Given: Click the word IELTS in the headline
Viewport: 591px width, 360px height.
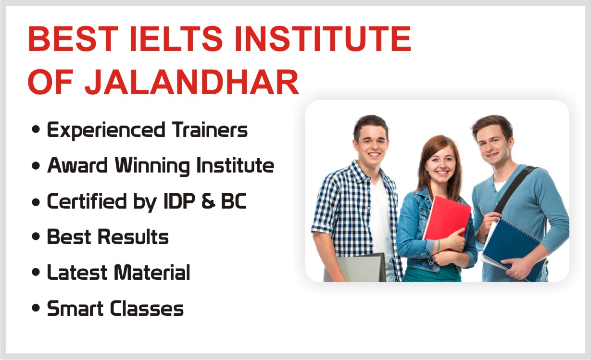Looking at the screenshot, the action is click(x=176, y=38).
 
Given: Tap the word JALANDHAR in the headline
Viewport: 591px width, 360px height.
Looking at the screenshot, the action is click(x=192, y=82).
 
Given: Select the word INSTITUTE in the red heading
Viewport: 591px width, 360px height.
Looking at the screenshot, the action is click(x=323, y=38).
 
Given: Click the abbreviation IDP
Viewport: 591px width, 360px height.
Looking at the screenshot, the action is click(x=179, y=201).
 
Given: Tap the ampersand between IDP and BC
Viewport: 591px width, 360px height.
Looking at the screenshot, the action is click(x=208, y=201).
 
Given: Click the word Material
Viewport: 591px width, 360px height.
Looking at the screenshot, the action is click(x=152, y=272).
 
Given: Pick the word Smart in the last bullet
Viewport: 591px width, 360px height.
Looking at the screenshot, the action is click(x=75, y=308).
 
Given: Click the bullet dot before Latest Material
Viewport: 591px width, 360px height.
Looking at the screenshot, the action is click(x=36, y=272).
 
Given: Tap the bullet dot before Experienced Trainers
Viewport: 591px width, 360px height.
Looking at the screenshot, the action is click(x=36, y=129).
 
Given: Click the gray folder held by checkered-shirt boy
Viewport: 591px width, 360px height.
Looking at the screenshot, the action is click(x=355, y=268).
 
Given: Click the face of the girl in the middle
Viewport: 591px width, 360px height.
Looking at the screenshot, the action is click(x=440, y=164).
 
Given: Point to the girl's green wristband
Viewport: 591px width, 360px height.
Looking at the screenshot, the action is click(x=438, y=246).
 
